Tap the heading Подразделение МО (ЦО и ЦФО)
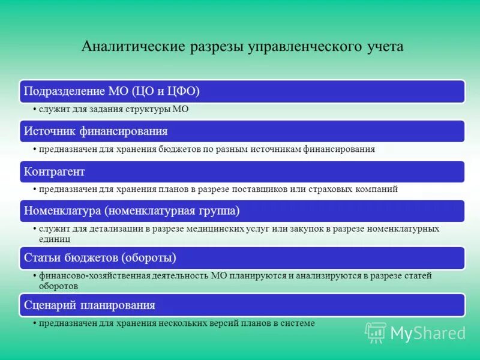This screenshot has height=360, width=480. [x=112, y=91]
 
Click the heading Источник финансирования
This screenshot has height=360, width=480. [x=96, y=131]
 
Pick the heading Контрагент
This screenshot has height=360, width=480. [x=55, y=172]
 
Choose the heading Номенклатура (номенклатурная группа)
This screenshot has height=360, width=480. [x=132, y=211]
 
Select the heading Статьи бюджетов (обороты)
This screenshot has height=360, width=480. [x=100, y=258]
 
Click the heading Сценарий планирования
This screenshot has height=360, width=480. [x=90, y=305]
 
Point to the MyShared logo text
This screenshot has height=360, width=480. [x=428, y=333]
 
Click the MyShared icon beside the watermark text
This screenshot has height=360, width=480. [x=376, y=332]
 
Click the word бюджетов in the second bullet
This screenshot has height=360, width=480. [x=178, y=149]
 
